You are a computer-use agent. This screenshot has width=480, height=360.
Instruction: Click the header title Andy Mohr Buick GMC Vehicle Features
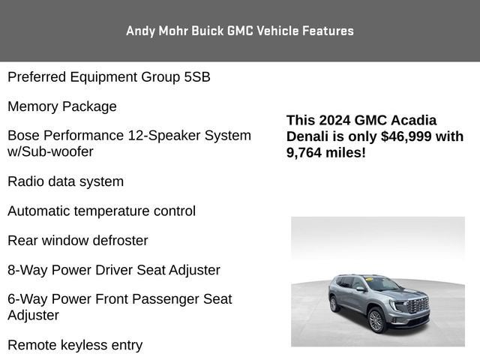[240, 31]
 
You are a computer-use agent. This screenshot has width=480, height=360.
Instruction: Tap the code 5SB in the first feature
[195, 76]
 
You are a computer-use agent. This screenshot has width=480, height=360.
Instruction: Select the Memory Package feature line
[62, 106]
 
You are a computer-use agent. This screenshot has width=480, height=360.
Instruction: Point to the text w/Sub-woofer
[50, 151]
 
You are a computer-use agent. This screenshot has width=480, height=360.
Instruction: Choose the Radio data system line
[65, 181]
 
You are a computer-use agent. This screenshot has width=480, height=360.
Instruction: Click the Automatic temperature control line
[101, 211]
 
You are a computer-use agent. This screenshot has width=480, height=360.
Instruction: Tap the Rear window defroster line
[78, 241]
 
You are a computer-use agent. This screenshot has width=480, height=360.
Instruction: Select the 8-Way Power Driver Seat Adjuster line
[114, 270]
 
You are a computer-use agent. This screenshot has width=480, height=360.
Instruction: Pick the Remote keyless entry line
[75, 345]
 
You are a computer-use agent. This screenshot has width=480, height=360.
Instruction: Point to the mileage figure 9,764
[306, 153]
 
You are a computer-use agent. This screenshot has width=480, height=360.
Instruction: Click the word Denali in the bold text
[308, 136]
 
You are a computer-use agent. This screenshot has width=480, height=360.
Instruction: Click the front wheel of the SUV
[376, 320]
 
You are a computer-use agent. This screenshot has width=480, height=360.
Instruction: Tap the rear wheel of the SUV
[334, 304]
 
